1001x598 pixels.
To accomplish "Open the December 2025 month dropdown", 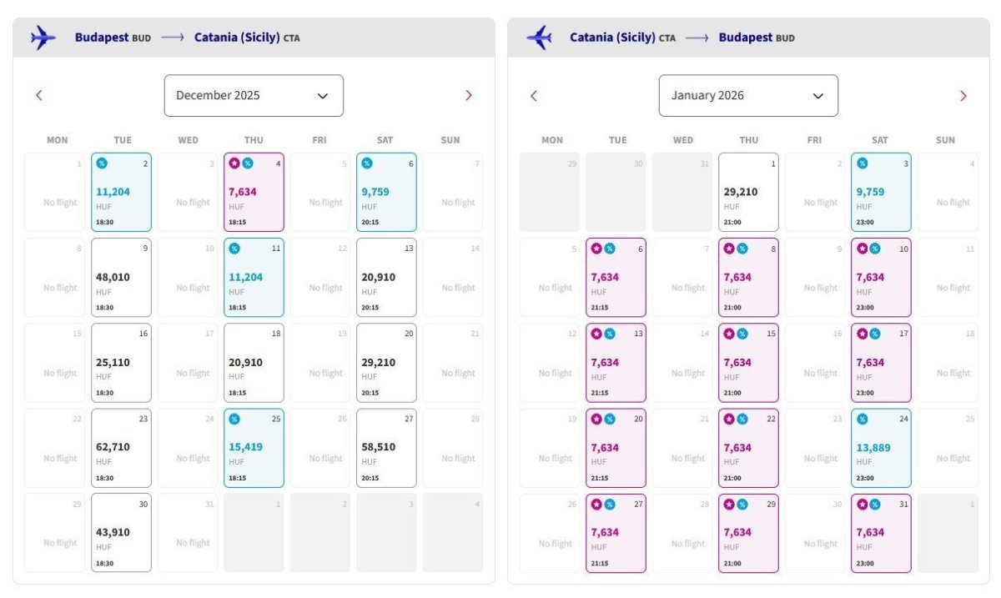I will tap(254, 96).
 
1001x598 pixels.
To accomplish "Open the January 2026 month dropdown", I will tap(748, 96).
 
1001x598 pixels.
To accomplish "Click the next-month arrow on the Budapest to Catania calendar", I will tap(468, 96).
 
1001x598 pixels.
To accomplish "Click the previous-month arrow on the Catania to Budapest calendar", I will tap(534, 96).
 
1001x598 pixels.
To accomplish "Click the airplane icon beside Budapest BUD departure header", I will tap(43, 38).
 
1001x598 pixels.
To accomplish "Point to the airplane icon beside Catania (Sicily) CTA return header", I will tap(540, 38).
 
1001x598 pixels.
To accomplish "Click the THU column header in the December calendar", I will tap(254, 140).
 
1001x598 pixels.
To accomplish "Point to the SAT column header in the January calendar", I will tap(880, 140).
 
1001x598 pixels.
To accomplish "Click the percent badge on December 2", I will tap(102, 163).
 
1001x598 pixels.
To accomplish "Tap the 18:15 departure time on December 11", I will tap(237, 308).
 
